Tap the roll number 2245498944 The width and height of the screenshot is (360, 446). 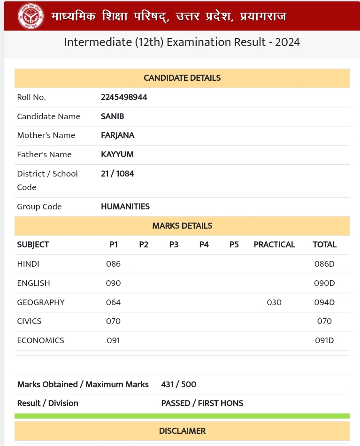(x=124, y=97)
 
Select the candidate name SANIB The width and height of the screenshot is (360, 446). (x=113, y=116)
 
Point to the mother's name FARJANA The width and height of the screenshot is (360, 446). (x=118, y=135)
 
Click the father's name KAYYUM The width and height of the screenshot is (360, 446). (x=117, y=154)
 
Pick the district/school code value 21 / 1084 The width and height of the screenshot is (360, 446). (x=117, y=174)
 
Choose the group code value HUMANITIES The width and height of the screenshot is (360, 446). (x=125, y=207)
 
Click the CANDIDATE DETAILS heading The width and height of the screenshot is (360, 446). (x=182, y=78)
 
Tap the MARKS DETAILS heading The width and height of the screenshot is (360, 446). (x=182, y=226)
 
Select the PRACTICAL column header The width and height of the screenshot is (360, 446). (x=274, y=245)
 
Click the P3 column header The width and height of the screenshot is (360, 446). (x=174, y=245)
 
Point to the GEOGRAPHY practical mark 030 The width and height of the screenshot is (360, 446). (x=274, y=302)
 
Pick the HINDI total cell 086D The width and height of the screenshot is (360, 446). (x=324, y=264)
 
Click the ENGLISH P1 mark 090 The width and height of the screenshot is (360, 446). (x=114, y=283)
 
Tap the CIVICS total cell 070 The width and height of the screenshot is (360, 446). (x=324, y=321)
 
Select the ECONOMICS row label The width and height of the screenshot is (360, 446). (x=41, y=340)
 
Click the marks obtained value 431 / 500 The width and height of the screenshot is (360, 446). (x=179, y=384)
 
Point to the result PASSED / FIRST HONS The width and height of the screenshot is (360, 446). (x=202, y=403)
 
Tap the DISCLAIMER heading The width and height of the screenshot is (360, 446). (x=182, y=431)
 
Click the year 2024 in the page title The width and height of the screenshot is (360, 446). (x=287, y=42)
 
